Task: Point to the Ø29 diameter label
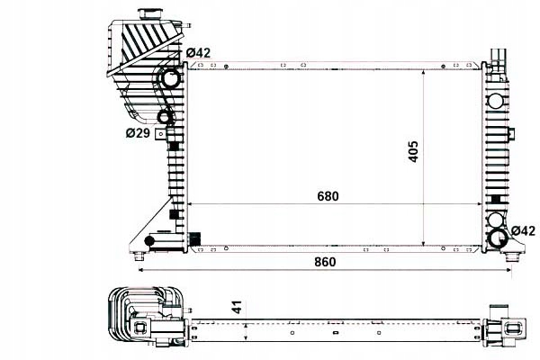click(x=137, y=133)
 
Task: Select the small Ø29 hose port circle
click(x=165, y=117)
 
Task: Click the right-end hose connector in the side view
click(x=505, y=332)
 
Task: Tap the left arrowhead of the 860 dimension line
click(x=140, y=271)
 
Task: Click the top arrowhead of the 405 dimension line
click(x=425, y=68)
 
